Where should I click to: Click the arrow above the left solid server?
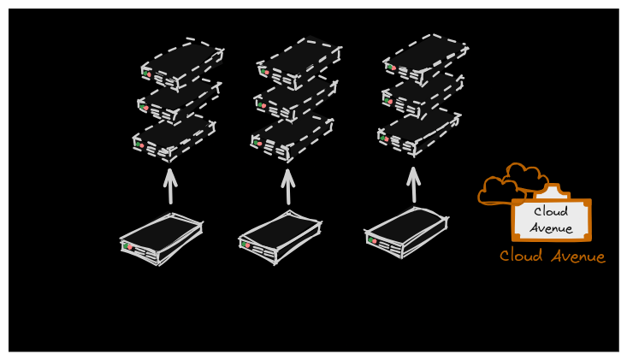click(170, 186)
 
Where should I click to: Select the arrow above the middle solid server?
click(288, 186)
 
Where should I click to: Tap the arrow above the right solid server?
click(413, 185)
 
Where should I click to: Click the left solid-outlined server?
click(161, 239)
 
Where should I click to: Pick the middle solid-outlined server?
click(280, 238)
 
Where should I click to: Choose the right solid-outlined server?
click(406, 233)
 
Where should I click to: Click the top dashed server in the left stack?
click(182, 64)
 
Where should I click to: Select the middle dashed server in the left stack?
click(179, 101)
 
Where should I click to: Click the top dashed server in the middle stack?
click(299, 63)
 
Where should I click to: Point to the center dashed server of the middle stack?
click(295, 101)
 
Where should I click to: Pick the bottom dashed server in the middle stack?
click(292, 139)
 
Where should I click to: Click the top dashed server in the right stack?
click(425, 59)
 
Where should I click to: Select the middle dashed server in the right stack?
click(423, 95)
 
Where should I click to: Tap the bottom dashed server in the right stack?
click(419, 132)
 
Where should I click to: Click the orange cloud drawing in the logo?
click(512, 183)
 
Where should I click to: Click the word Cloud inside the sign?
click(551, 211)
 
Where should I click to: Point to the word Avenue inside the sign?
click(551, 228)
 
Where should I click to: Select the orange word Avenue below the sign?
click(578, 257)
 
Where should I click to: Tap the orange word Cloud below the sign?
click(521, 256)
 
